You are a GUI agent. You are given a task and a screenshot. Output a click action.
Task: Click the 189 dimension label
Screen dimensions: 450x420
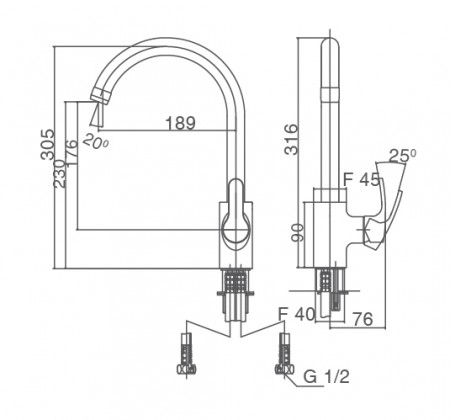click(180, 123)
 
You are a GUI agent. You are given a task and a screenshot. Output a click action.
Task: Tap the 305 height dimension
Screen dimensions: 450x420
click(47, 144)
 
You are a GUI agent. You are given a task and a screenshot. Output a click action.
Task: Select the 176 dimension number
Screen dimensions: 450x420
click(71, 153)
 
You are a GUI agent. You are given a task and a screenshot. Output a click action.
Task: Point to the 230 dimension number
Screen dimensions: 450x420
click(59, 173)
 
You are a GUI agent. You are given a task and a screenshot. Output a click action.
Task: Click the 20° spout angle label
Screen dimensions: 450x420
click(96, 141)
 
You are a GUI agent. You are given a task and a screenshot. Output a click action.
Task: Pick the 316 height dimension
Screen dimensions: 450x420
click(291, 139)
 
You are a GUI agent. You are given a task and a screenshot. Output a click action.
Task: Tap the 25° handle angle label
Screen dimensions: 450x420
click(403, 155)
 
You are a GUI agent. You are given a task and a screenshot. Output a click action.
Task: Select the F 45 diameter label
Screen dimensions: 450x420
click(362, 180)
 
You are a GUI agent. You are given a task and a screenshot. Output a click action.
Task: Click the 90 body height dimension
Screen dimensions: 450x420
click(297, 233)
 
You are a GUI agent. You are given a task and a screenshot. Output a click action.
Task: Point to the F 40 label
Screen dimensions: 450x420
click(296, 314)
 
